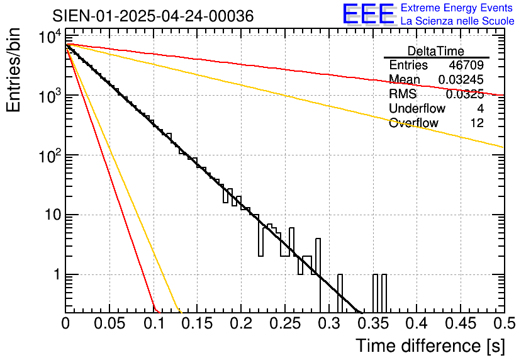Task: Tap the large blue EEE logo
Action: pyautogui.click(x=368, y=15)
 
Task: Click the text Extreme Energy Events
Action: pyautogui.click(x=457, y=9)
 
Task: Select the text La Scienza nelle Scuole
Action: pyautogui.click(x=457, y=21)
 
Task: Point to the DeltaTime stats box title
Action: pyautogui.click(x=436, y=51)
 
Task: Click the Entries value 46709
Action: pyautogui.click(x=466, y=65)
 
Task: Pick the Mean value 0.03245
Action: pyautogui.click(x=461, y=80)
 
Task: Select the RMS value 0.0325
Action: pyautogui.click(x=464, y=94)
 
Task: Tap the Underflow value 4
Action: pyautogui.click(x=480, y=109)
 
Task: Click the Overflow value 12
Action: pyautogui.click(x=477, y=123)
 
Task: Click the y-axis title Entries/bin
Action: pyautogui.click(x=15, y=71)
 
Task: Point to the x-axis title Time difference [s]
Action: pyautogui.click(x=430, y=346)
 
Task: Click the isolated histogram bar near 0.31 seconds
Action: pyautogui.click(x=340, y=293)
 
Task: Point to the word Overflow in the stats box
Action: pyautogui.click(x=413, y=123)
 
